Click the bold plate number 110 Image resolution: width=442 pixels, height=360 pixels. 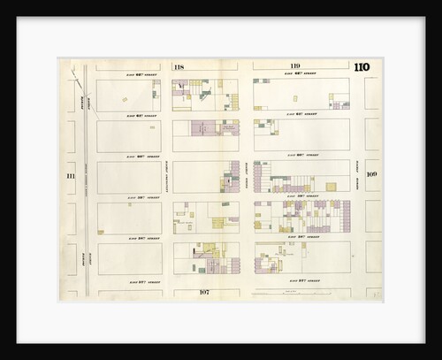(362, 67)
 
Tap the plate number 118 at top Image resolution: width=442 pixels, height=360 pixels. (179, 67)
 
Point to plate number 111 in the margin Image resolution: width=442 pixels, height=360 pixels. (70, 177)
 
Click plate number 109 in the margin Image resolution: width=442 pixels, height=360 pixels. (372, 174)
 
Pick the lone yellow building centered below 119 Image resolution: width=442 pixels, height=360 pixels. (294, 98)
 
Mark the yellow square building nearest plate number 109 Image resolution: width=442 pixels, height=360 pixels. (331, 187)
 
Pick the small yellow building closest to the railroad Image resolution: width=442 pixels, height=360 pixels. (101, 232)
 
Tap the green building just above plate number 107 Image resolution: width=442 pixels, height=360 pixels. (202, 270)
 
